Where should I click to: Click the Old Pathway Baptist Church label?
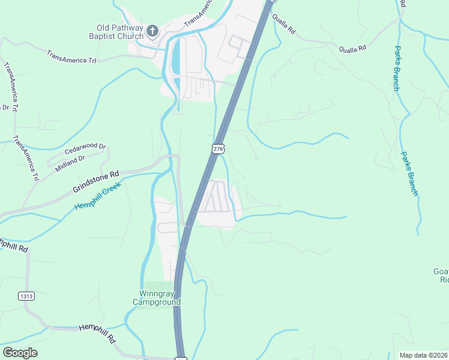pyautogui.click(x=120, y=32)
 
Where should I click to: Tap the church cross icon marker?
pyautogui.click(x=152, y=31)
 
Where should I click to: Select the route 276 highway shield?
pyautogui.click(x=218, y=148)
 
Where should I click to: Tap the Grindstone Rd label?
pyautogui.click(x=96, y=181)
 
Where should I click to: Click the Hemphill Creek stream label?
pyautogui.click(x=98, y=196)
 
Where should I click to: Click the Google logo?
pyautogui.click(x=20, y=353)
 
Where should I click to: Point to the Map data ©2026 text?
pyautogui.click(x=423, y=355)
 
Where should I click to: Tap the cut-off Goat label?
pyautogui.click(x=441, y=272)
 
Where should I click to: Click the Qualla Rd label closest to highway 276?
pyautogui.click(x=284, y=25)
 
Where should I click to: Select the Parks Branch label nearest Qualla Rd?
pyautogui.click(x=397, y=68)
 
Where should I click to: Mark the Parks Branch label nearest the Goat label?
pyautogui.click(x=410, y=173)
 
